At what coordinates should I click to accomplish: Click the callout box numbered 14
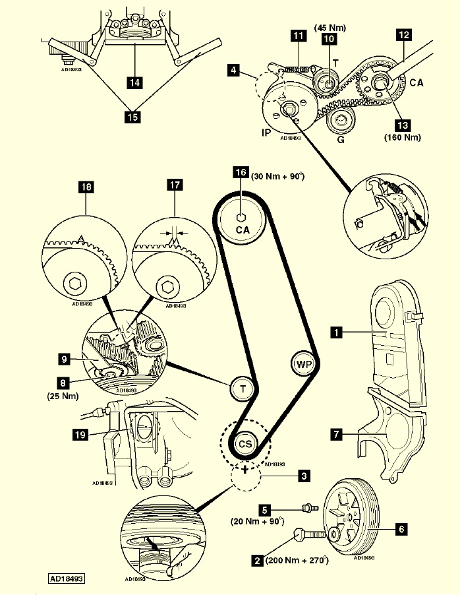[135, 83]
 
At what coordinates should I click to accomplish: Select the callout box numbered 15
[132, 117]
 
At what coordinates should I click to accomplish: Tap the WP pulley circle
[302, 363]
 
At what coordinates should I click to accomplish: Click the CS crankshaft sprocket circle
[245, 442]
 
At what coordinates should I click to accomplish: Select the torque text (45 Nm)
[330, 27]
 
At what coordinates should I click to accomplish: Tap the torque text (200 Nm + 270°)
[297, 561]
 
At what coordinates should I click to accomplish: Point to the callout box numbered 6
[401, 528]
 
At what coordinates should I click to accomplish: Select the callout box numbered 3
[303, 474]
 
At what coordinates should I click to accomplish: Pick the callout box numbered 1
[336, 334]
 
